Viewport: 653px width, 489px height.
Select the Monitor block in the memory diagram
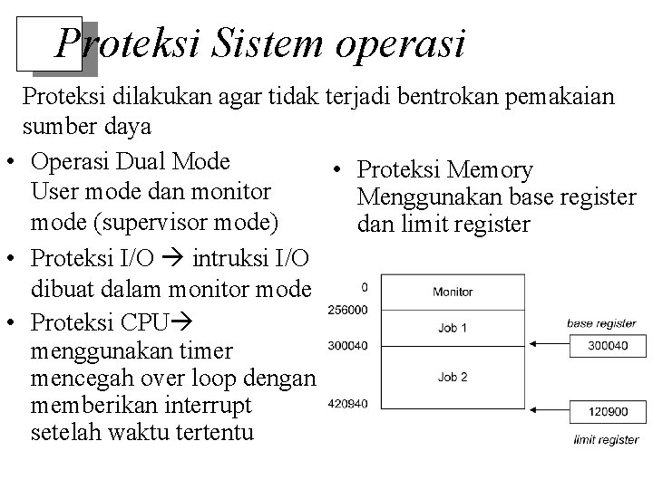tap(452, 292)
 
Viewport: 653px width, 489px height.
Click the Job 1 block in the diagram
tap(452, 326)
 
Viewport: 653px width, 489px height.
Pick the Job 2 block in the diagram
tap(452, 377)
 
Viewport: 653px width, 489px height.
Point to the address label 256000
tap(346, 310)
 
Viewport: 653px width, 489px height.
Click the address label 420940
tap(346, 403)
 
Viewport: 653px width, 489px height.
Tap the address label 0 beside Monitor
tap(365, 287)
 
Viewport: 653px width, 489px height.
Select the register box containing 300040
tap(607, 344)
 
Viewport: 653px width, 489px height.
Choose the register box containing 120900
tap(607, 411)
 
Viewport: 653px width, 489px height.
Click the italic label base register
tap(600, 323)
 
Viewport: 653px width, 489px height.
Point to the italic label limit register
tap(606, 440)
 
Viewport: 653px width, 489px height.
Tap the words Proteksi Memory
tap(444, 170)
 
